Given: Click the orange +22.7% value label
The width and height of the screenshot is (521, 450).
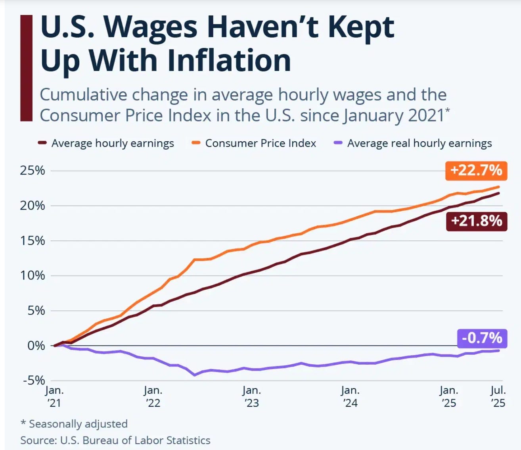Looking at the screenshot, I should click(x=476, y=171).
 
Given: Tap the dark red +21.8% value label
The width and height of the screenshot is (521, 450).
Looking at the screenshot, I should click(x=476, y=221).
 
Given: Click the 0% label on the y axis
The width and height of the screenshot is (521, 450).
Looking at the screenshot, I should click(x=36, y=346).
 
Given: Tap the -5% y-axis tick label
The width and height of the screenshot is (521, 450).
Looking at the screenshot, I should click(x=34, y=381).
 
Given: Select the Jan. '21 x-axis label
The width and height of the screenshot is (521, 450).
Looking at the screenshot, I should click(x=54, y=396).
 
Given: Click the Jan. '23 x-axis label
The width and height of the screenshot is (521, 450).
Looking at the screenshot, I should click(x=251, y=396).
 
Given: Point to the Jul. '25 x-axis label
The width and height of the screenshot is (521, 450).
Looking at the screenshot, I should click(x=498, y=396).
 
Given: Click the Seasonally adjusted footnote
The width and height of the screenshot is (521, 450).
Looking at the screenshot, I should click(x=74, y=424).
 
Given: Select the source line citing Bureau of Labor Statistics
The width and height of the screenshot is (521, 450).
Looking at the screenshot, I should click(x=115, y=440).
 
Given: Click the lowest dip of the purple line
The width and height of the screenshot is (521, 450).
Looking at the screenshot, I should click(x=195, y=375).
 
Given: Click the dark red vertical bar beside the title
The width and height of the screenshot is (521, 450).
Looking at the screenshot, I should click(x=26, y=68).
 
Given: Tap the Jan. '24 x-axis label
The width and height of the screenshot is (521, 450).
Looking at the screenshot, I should click(x=350, y=396).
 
